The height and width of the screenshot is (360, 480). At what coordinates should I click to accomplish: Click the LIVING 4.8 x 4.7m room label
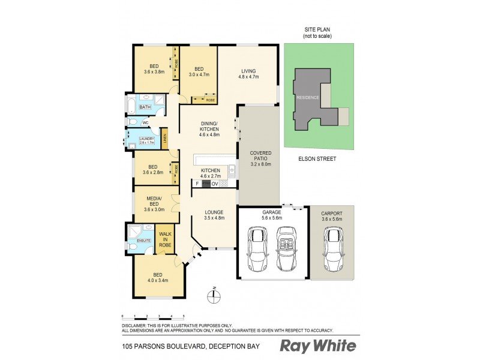pos(248,74)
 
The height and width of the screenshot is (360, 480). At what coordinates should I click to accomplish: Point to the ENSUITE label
pos(144,240)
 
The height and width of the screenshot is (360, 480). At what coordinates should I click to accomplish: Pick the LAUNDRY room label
pos(146,141)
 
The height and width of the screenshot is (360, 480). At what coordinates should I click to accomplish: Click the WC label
pos(145,122)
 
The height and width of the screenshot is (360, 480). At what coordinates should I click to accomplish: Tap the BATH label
pos(145,107)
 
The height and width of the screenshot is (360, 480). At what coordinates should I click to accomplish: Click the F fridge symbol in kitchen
pos(197,184)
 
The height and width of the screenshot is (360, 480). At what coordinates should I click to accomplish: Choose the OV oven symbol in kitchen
pos(215,184)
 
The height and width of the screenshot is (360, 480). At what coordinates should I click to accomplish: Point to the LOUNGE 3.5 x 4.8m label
pos(214,215)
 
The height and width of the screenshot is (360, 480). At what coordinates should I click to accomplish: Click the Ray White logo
pos(318,346)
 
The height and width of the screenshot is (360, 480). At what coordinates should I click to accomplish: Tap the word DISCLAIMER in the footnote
pos(136,325)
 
